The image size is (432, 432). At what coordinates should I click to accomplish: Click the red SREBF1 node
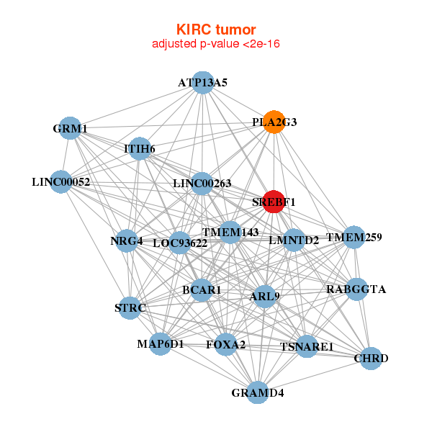[274, 202]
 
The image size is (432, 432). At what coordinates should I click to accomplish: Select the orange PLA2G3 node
[274, 122]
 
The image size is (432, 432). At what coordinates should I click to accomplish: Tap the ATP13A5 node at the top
[203, 82]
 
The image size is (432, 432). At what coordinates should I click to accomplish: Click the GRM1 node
[70, 128]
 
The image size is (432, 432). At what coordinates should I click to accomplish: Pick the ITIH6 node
[140, 148]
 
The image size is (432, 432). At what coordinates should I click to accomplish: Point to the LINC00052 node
[61, 181]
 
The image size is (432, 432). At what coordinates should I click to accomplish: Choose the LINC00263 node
[202, 183]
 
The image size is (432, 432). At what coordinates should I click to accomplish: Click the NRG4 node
[127, 240]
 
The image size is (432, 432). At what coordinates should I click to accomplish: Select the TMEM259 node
[354, 237]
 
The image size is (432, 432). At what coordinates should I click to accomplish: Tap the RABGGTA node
[356, 289]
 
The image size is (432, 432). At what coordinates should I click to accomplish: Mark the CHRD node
[370, 358]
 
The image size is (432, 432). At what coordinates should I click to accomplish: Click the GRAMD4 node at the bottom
[258, 392]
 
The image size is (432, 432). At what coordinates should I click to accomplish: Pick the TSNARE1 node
[307, 346]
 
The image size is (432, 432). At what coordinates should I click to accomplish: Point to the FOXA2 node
[225, 345]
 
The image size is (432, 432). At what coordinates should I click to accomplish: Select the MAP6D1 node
[161, 343]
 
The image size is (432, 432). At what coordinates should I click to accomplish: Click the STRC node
[130, 307]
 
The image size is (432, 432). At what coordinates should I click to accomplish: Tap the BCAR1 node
[202, 289]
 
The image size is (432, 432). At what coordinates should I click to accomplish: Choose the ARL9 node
[264, 295]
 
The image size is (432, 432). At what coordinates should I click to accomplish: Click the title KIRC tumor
[216, 30]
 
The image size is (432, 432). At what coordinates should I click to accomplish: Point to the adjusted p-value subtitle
[216, 44]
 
